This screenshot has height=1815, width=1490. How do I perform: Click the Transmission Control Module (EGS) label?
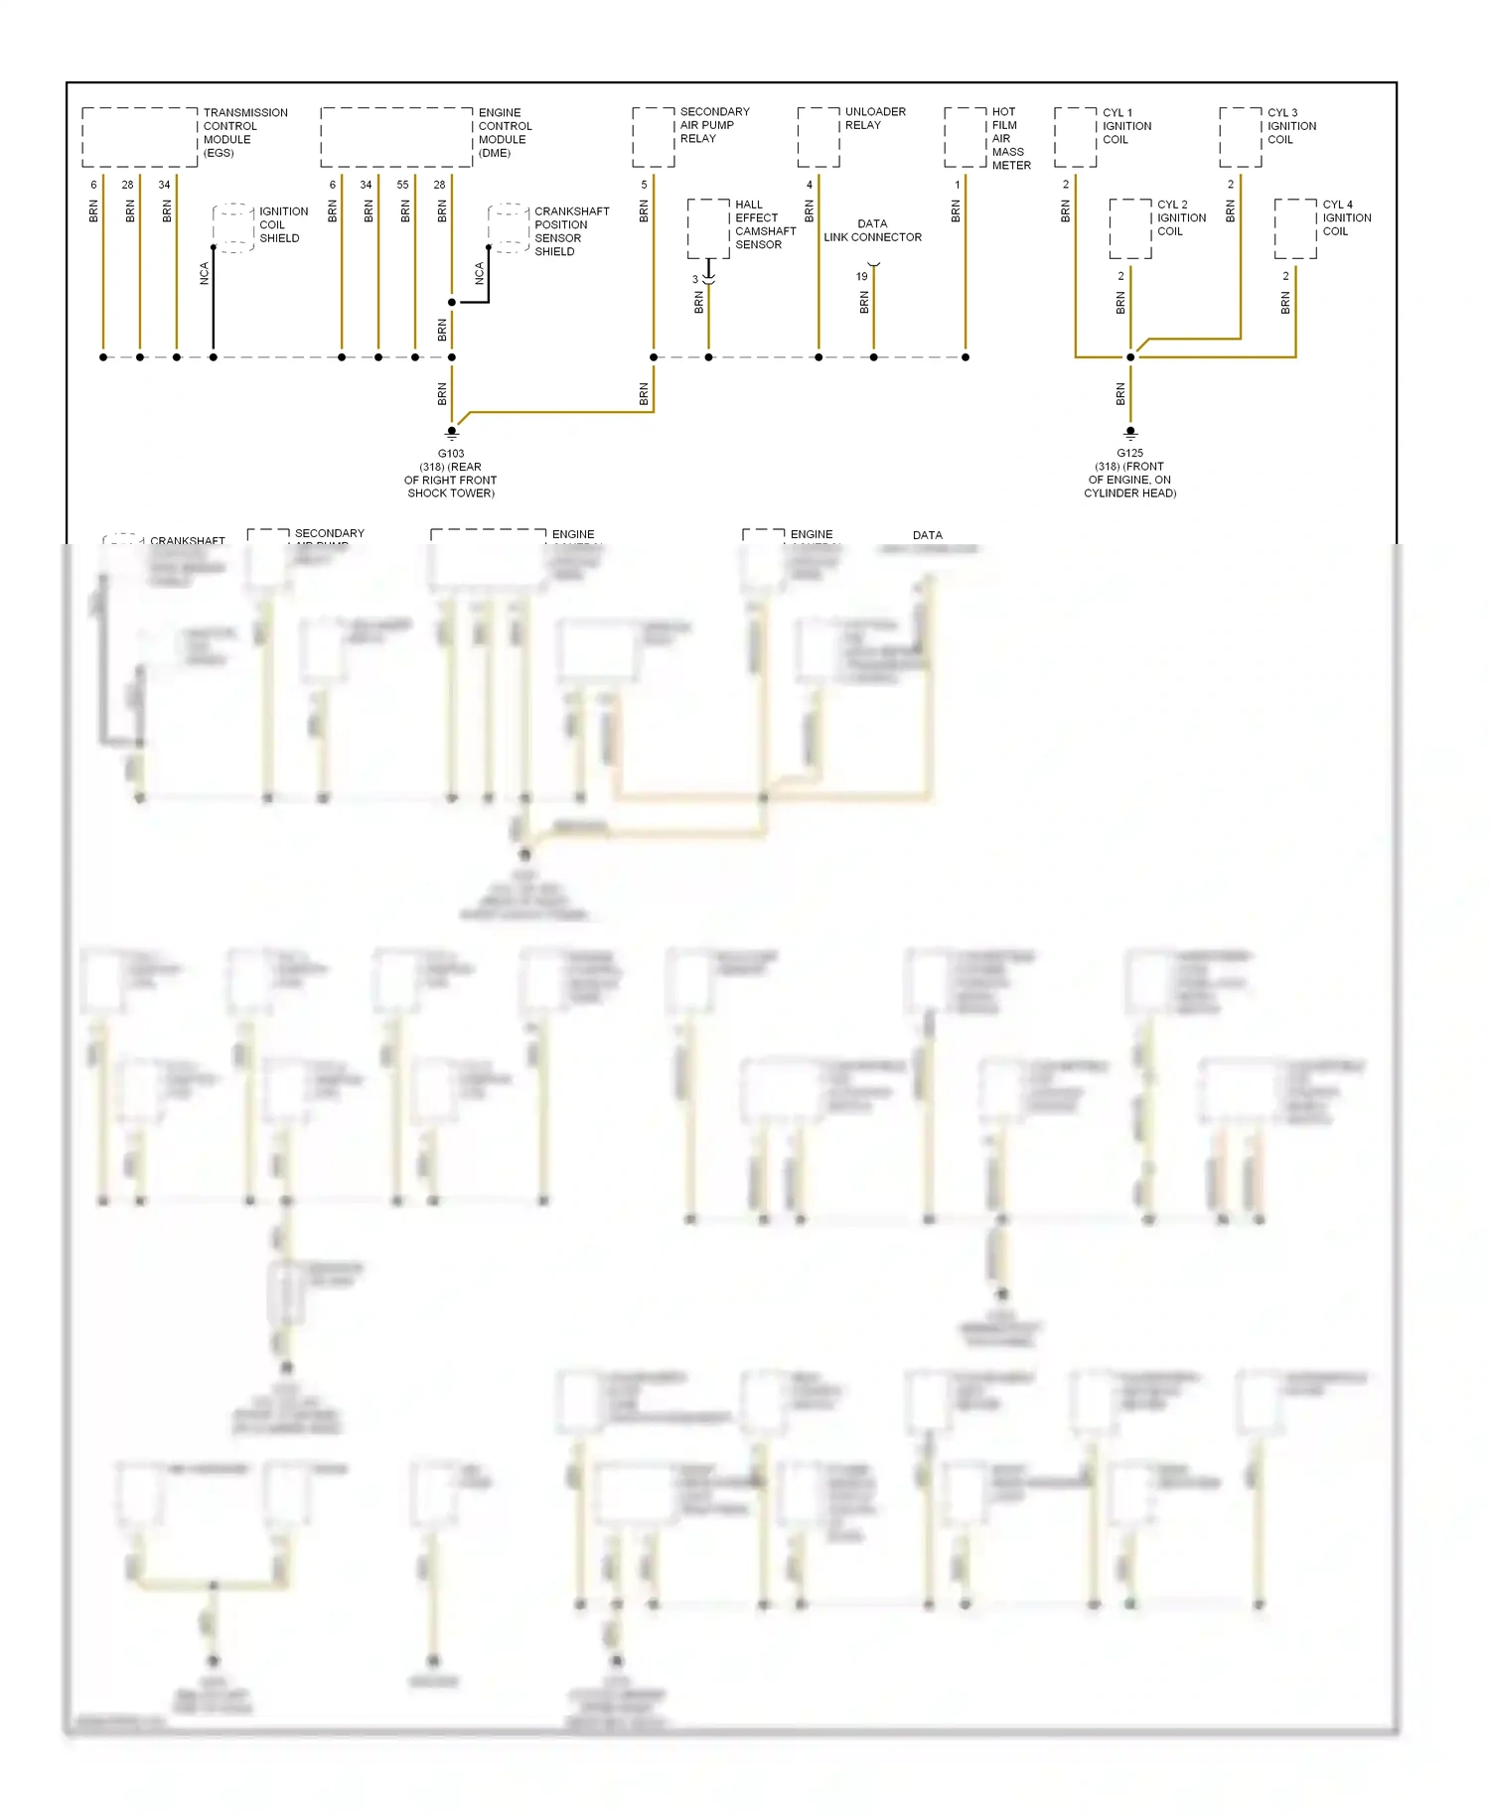coord(244,133)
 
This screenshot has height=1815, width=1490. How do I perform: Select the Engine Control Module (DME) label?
coord(505,133)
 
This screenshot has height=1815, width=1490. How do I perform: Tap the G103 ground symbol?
coord(452,432)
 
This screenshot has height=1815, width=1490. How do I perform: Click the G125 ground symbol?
coord(1130,432)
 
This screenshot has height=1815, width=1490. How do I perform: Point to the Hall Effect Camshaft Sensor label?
coord(765,224)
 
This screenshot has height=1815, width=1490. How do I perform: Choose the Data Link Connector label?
coord(872,230)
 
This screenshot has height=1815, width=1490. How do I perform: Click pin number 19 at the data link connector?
coord(861,277)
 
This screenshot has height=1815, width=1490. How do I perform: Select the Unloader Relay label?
coord(874,118)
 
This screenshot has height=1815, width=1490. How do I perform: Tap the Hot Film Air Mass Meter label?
coord(1010,139)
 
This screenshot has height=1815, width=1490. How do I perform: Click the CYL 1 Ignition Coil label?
coord(1126,126)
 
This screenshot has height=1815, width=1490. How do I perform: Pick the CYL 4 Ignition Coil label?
coord(1346,217)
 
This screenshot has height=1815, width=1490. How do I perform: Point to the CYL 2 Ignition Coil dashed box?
coord(1130,229)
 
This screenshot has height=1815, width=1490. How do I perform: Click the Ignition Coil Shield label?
coord(283,224)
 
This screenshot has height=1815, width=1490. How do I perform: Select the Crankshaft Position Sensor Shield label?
coord(571,231)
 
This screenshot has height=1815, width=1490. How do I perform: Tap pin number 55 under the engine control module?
coord(402,185)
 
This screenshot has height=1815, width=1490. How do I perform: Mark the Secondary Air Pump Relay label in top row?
coord(714,125)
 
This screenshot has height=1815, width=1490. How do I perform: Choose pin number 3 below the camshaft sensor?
coord(695,280)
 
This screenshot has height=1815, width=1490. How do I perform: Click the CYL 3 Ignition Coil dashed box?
coord(1241,137)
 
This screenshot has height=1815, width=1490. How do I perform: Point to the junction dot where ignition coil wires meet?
coord(1130,357)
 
